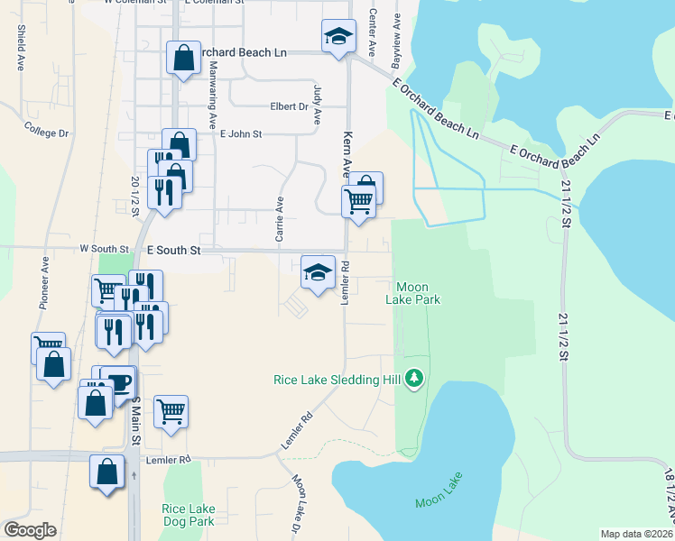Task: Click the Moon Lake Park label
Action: click(415, 293)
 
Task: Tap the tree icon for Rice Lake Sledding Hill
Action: click(414, 379)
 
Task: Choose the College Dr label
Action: click(47, 132)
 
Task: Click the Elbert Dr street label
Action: click(289, 106)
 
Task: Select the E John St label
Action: click(241, 134)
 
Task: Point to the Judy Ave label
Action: click(317, 105)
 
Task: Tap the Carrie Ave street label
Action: click(280, 219)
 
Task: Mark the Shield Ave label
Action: click(20, 47)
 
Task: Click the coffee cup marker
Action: click(117, 381)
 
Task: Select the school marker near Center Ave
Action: click(339, 38)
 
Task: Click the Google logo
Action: click(30, 530)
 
